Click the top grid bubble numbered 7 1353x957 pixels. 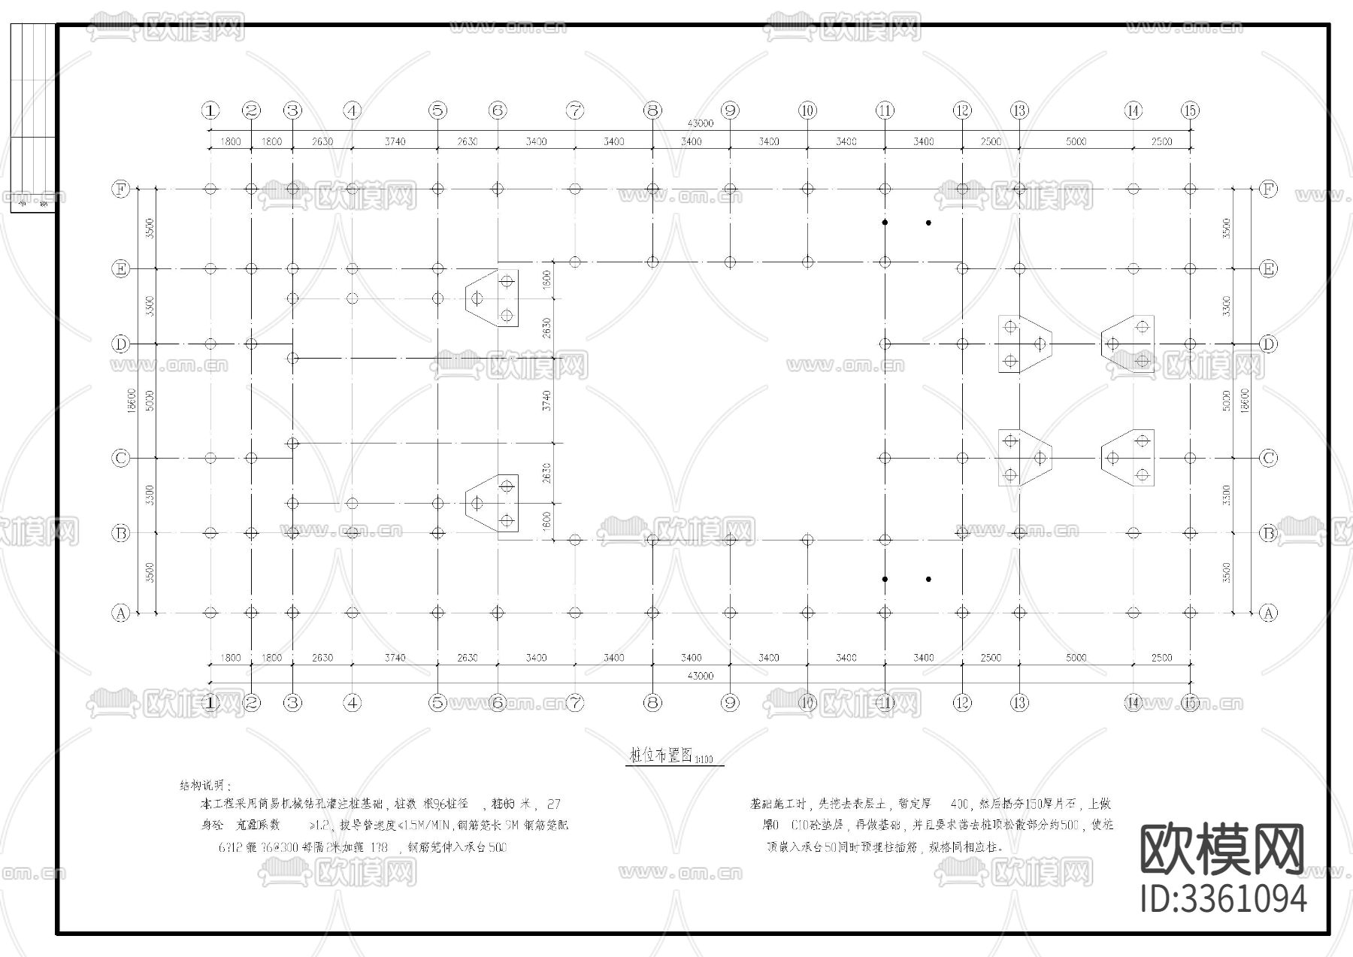point(575,111)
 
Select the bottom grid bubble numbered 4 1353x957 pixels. point(353,703)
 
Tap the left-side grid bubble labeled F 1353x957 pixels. point(120,189)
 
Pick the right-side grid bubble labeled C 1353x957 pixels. point(1268,458)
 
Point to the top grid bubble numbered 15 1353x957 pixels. point(1190,111)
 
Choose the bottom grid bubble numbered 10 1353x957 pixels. point(807,703)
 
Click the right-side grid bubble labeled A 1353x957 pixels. point(1268,613)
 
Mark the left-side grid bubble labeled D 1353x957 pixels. point(120,344)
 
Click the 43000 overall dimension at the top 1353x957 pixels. point(701,123)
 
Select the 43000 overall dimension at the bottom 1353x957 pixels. point(701,676)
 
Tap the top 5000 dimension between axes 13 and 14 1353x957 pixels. point(1076,141)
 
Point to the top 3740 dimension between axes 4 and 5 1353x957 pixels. point(395,141)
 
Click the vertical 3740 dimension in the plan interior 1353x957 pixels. point(547,400)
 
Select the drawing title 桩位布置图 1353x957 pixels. point(661,756)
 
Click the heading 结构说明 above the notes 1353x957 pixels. point(202,786)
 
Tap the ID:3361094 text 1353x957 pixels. point(1224,898)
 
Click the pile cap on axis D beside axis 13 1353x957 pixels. point(1023,344)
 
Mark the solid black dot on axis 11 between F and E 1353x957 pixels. point(885,223)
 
